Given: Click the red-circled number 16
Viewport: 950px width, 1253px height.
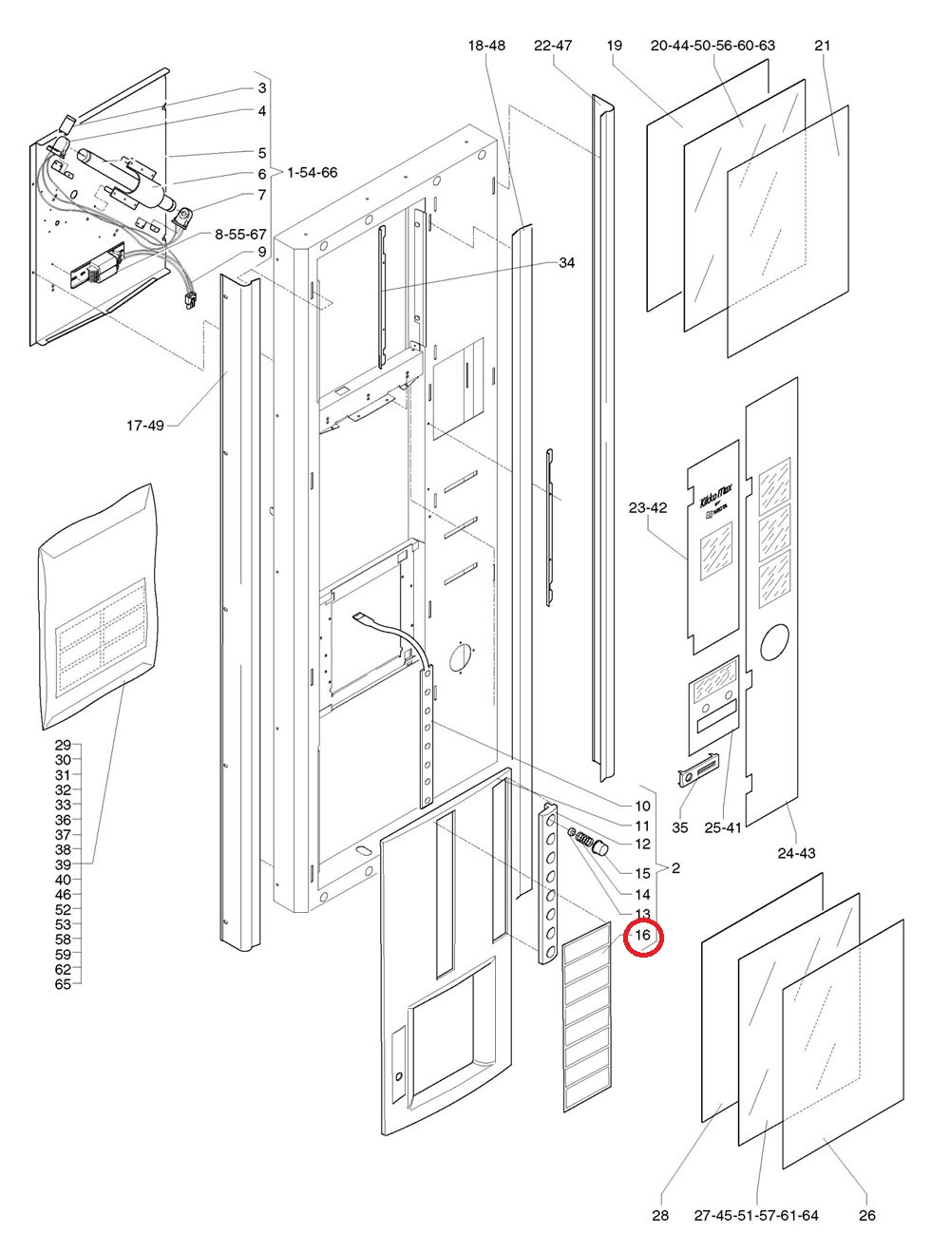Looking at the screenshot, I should (x=643, y=936).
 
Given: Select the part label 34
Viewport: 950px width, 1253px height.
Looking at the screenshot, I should (x=567, y=262).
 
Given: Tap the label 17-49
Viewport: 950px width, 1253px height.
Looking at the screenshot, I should (x=145, y=426).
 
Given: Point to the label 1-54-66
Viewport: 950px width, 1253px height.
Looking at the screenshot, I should (x=312, y=172).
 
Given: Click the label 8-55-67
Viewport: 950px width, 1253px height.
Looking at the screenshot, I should (x=240, y=233).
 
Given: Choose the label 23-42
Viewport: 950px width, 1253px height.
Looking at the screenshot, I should (x=648, y=508).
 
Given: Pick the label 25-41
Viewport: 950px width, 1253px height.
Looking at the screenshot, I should (x=725, y=828).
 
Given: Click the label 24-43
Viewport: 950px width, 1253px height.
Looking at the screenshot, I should (x=796, y=853).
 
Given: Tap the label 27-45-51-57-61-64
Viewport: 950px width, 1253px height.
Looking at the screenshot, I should (x=756, y=1215).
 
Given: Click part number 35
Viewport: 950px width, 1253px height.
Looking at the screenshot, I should (x=679, y=828).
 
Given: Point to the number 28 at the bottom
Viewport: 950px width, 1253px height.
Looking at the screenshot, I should (x=661, y=1215).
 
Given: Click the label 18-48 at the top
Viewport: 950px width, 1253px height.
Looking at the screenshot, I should (x=486, y=46).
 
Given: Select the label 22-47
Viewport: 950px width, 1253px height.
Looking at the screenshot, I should (x=553, y=46).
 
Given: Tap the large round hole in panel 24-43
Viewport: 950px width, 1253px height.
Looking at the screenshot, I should (x=774, y=642).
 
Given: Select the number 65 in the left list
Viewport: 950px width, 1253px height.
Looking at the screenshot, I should (x=63, y=984).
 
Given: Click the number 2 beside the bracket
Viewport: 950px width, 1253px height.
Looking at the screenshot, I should (x=674, y=868).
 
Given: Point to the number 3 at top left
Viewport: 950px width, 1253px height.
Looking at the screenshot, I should (x=261, y=88).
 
